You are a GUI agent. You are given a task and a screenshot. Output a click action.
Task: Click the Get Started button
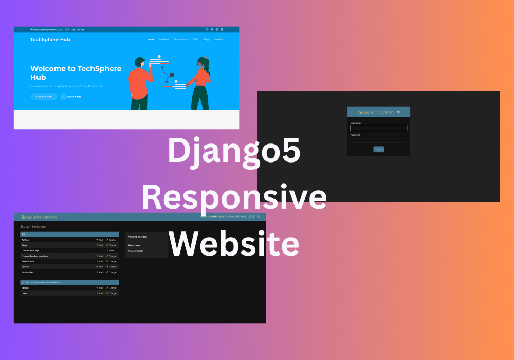coord(44,96)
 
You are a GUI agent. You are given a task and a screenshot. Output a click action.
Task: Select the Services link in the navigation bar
coord(164,39)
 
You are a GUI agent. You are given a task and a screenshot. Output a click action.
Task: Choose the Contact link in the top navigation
coord(218,39)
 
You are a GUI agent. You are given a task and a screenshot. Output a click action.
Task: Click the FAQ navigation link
coord(196,39)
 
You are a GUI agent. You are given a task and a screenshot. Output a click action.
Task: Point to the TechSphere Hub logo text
coord(50,39)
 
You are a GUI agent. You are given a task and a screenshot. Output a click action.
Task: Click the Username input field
coord(378,128)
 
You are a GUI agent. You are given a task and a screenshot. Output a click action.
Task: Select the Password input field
coord(378,139)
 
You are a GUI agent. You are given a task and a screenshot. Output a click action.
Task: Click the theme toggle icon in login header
coord(398,112)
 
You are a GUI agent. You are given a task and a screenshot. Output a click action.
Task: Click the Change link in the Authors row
coord(112,240)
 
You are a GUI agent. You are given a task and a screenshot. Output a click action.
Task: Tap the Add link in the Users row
coord(100,293)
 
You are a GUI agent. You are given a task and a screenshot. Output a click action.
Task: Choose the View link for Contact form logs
coord(111,250)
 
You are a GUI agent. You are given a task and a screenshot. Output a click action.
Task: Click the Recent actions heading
coord(138,237)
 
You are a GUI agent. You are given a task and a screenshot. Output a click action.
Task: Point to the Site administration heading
coord(33,226)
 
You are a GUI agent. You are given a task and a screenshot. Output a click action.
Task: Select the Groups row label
coord(25,287)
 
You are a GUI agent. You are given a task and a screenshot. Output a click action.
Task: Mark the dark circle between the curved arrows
coord(172,75)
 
